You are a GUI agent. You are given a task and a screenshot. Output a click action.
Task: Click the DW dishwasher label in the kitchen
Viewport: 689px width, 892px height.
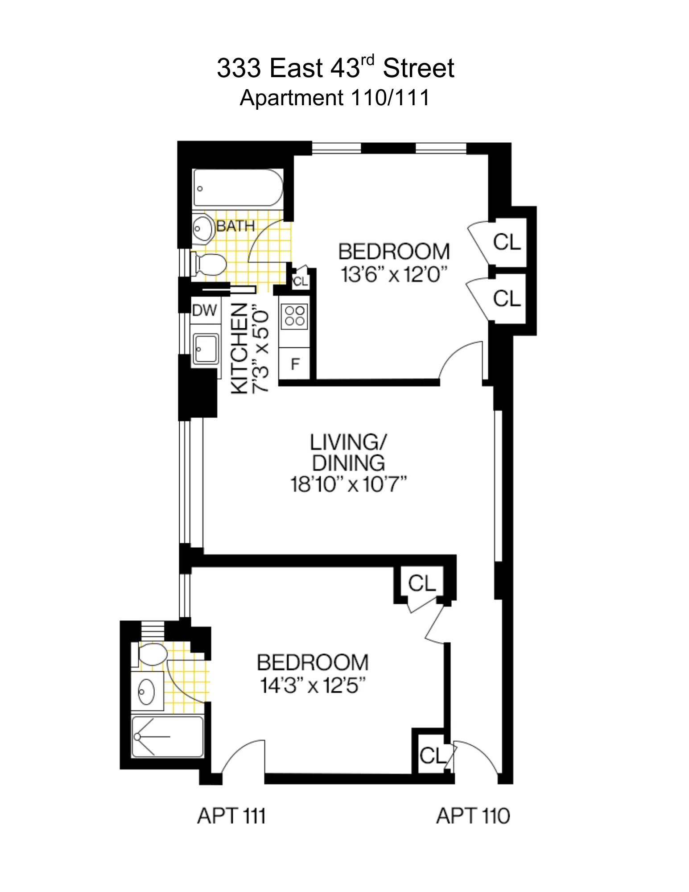pos(204,310)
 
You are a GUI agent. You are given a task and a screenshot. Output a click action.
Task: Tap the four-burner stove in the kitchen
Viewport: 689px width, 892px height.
pos(294,316)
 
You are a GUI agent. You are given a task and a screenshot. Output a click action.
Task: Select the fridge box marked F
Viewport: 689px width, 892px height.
pos(295,364)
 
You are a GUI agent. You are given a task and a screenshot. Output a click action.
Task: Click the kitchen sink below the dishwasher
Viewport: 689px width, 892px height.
pos(206,349)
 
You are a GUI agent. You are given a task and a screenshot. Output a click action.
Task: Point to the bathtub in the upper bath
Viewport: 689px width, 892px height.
pos(238,188)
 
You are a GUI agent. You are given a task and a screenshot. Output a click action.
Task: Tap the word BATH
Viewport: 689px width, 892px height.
pos(235,226)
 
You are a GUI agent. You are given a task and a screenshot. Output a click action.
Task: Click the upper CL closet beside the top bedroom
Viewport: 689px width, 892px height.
pos(507,242)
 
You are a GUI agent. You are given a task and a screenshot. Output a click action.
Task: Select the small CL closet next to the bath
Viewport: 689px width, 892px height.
pos(301,281)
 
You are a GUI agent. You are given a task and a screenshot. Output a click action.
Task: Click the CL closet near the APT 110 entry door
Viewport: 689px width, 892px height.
pos(432,756)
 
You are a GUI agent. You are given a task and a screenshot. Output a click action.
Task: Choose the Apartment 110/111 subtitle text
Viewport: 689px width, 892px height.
pos(334,98)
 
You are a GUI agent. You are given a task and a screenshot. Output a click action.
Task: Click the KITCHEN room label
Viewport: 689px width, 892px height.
pos(239,349)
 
